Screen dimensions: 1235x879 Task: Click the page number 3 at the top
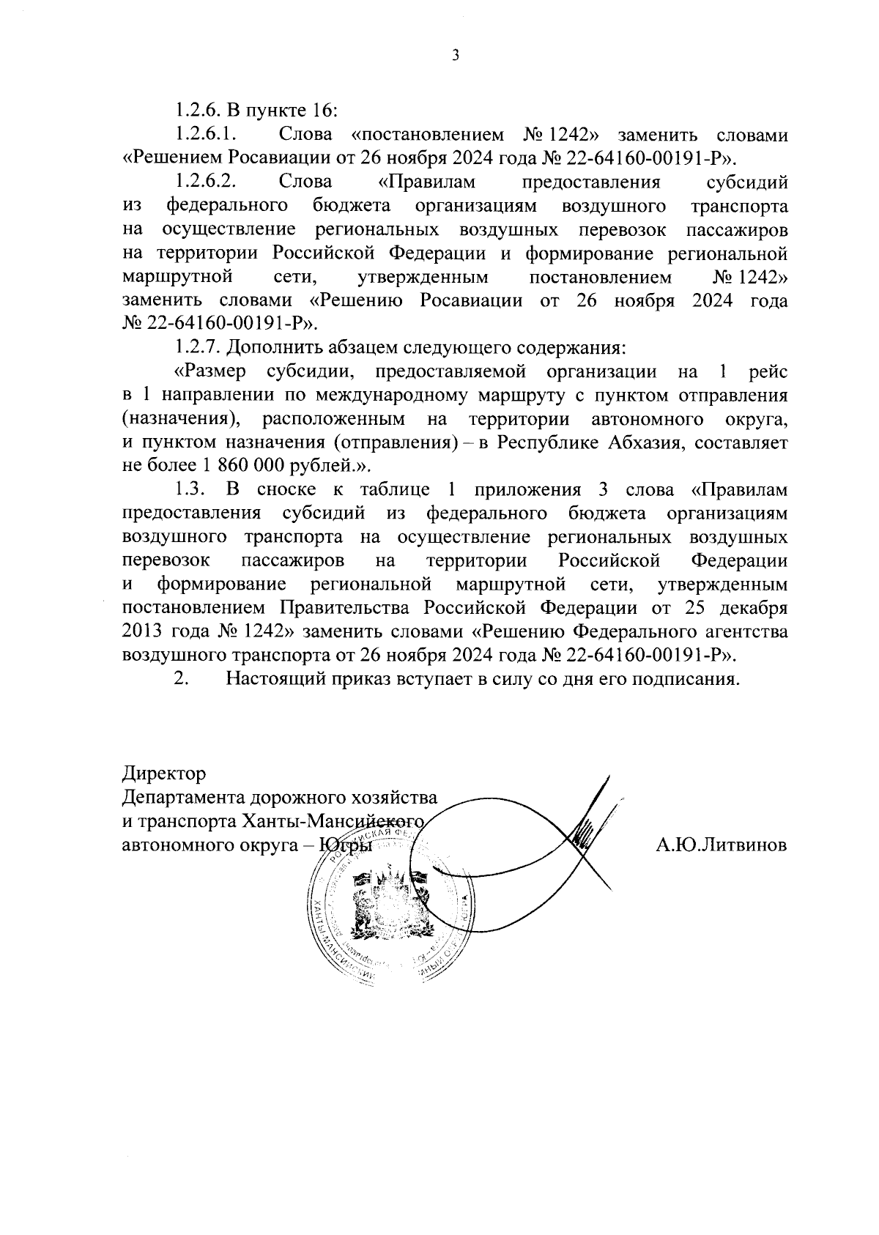pos(455,56)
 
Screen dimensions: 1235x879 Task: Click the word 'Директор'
pos(164,774)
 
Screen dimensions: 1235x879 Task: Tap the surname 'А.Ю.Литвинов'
pos(722,845)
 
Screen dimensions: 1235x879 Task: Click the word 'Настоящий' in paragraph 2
pos(272,678)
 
